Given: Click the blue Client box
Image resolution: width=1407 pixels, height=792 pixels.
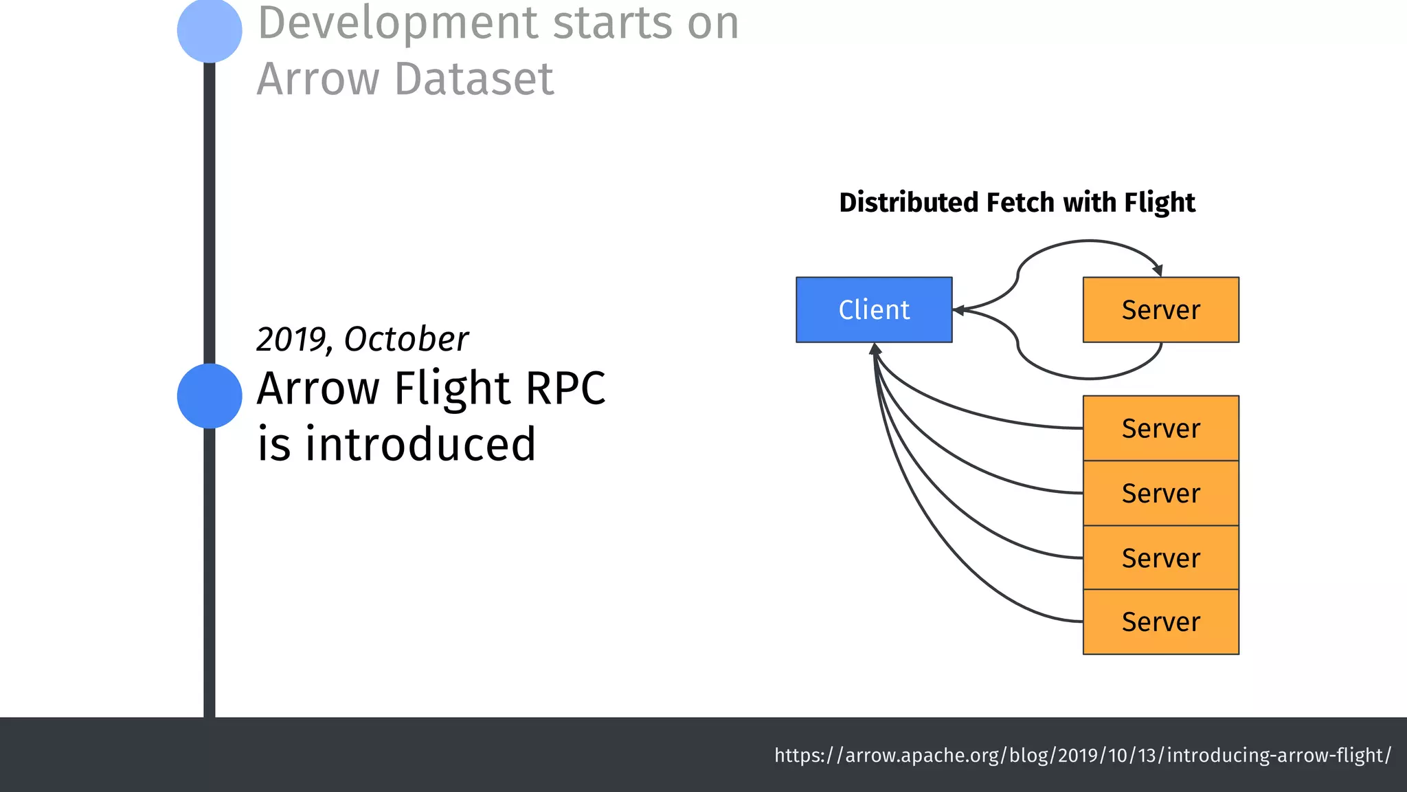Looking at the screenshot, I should pos(874,309).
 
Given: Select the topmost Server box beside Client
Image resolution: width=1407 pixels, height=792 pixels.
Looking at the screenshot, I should pos(1160,309).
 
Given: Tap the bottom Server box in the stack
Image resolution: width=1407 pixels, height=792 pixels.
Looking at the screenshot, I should pos(1160,621).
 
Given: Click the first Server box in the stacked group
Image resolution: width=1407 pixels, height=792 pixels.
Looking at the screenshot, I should pos(1160,428).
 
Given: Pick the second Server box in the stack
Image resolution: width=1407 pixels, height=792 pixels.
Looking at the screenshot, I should pos(1160,493).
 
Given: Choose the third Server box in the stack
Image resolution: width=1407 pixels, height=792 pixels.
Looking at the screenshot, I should pos(1160,558).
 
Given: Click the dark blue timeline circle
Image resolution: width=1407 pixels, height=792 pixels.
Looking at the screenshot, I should pos(210,396).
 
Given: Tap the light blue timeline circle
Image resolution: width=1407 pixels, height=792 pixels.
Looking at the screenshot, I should pos(210,30).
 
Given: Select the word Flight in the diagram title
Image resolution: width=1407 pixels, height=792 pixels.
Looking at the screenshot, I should pos(1160,203).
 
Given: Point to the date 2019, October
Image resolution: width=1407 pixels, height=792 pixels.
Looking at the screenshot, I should pos(362,339).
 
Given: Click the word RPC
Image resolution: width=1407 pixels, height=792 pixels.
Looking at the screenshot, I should pos(565,388).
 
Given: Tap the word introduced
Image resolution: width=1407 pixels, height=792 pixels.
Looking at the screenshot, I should pos(420,444).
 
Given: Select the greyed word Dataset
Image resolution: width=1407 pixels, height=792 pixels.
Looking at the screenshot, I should pos(474,79).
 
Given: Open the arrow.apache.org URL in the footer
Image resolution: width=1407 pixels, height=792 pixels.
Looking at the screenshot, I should pos(1082,755).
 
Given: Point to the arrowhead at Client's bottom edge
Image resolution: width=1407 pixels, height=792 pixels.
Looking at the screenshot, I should pos(875,349).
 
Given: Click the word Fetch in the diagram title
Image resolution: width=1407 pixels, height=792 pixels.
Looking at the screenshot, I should pos(1020,203).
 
